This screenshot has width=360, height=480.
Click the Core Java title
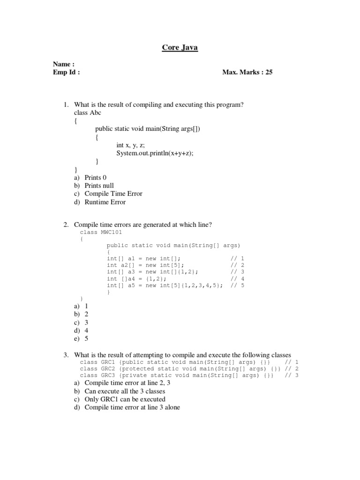point(180,47)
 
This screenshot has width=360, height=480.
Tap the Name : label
point(64,64)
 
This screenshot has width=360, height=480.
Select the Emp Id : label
point(67,73)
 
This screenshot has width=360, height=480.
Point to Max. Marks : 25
point(247,73)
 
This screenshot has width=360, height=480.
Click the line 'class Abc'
point(87,113)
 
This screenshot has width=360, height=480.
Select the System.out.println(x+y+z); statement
point(155,153)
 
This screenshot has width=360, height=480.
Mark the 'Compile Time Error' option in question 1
point(113,194)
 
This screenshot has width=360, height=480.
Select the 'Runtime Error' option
point(105,202)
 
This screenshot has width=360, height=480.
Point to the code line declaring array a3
point(152,272)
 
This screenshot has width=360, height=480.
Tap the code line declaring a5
point(165,285)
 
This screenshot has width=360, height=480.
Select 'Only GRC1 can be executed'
point(125,399)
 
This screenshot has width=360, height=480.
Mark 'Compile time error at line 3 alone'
point(132,407)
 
